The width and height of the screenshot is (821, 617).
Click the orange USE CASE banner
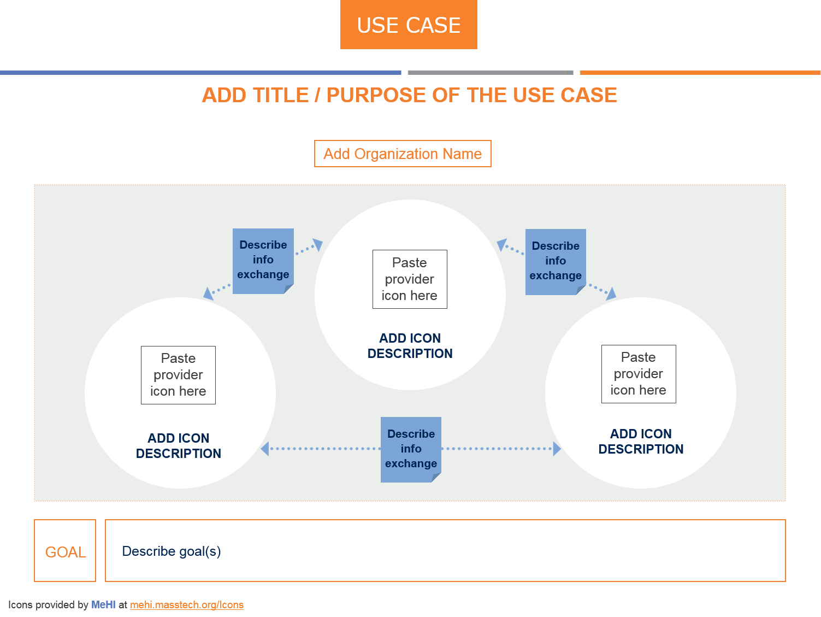point(409,25)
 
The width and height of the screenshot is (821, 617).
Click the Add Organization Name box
point(403,154)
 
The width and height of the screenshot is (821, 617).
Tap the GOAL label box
point(65,551)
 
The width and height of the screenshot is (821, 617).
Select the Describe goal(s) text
point(172,551)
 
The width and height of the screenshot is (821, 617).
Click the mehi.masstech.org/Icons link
point(187,605)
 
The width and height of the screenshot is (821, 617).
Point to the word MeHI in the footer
point(103,605)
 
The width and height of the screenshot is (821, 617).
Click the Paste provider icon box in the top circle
point(410,279)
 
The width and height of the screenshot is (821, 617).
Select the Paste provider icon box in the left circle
point(178,375)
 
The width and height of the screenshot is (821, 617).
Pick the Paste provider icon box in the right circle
point(639,374)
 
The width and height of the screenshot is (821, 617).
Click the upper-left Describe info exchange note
point(263,260)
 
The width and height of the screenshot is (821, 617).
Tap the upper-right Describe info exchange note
point(556,261)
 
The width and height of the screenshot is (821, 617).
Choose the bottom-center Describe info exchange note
point(411,449)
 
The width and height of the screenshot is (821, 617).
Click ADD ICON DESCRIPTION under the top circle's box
point(410,346)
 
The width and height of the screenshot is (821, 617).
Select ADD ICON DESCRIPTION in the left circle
point(179,446)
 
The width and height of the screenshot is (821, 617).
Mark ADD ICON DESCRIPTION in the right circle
point(641,442)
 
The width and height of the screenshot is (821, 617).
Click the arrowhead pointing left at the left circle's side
point(265,449)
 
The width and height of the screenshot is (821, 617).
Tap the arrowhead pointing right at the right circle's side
point(557,449)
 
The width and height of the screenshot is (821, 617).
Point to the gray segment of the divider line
point(490,73)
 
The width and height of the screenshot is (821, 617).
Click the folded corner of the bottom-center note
point(436,478)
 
